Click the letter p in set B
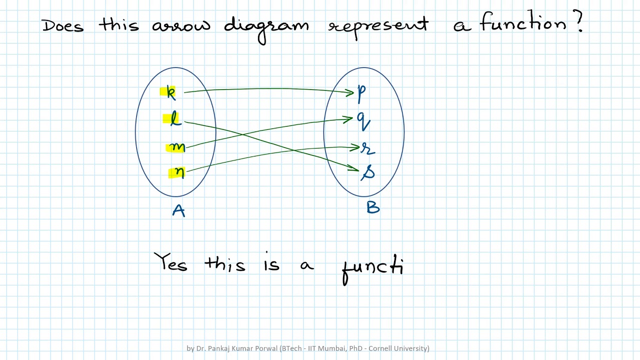(x=361, y=93)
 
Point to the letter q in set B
(x=363, y=120)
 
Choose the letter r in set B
(x=368, y=148)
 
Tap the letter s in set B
(x=368, y=172)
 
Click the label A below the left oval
(x=178, y=211)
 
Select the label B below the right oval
(x=373, y=207)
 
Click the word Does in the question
(x=62, y=25)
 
